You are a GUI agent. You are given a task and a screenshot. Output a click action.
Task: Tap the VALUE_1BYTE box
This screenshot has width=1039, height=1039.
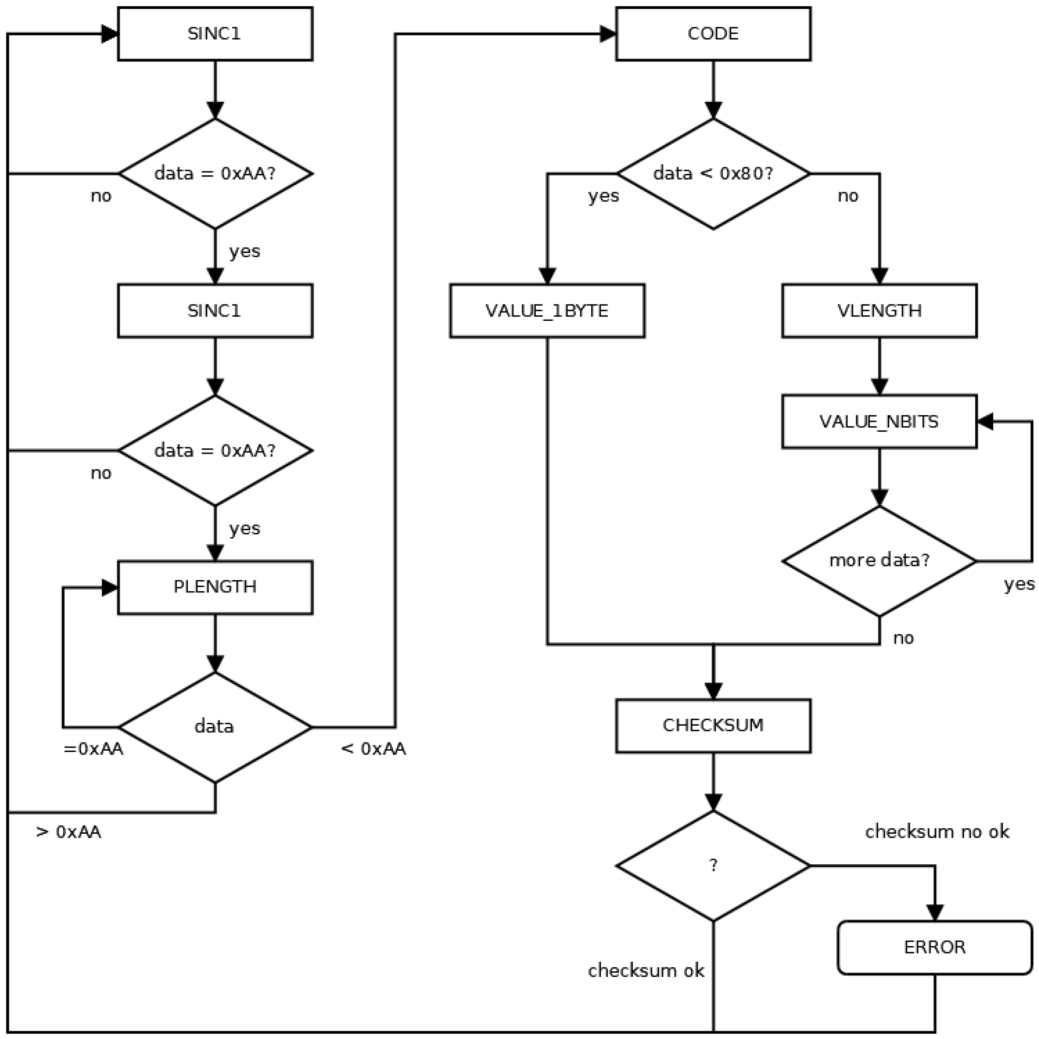[x=547, y=311]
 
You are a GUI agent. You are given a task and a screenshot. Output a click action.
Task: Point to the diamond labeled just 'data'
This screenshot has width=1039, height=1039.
[x=215, y=727]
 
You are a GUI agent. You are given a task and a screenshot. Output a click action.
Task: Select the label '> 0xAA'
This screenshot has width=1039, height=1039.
[x=68, y=832]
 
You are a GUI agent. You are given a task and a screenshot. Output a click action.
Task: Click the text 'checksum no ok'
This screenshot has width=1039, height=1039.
[x=936, y=832]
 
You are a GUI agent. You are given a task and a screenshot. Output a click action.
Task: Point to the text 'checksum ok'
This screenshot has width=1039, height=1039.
[x=646, y=971]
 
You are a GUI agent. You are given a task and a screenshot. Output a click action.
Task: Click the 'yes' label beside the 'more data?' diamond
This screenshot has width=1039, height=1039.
[x=1018, y=584]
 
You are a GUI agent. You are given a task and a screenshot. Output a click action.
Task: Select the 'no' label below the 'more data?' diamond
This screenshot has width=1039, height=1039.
[x=903, y=638]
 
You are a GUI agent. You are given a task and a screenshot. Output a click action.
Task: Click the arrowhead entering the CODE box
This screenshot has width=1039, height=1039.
[x=608, y=34]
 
